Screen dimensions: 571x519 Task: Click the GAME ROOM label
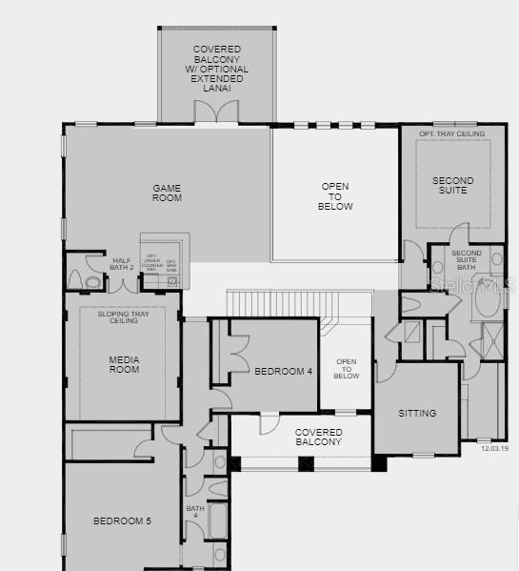(167, 193)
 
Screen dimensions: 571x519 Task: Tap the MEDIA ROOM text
(124, 364)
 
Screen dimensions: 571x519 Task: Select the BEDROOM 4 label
(283, 372)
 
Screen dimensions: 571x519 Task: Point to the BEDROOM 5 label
(121, 520)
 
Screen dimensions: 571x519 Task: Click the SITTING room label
(417, 413)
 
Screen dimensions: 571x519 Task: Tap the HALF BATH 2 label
(122, 264)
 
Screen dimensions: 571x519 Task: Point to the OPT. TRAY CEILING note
(451, 134)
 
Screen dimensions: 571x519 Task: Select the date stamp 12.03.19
(494, 447)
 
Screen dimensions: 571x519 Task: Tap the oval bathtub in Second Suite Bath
(486, 299)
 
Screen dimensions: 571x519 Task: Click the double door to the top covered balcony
(217, 112)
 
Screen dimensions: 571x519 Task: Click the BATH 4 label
(195, 512)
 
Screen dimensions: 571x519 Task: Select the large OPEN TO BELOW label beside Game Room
(335, 196)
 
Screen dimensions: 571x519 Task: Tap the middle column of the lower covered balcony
(306, 464)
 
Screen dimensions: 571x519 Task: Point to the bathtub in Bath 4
(218, 522)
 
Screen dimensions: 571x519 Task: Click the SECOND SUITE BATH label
(467, 259)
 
